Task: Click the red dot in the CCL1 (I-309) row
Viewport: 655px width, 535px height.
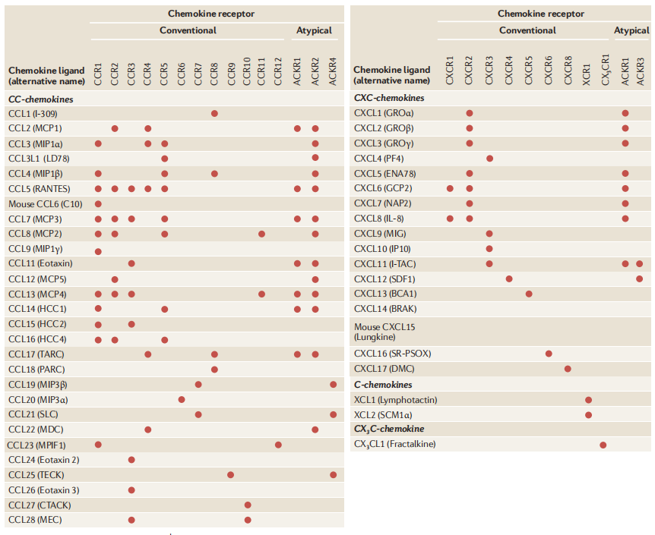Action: (214, 113)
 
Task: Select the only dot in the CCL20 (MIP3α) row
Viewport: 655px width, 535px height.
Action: (181, 399)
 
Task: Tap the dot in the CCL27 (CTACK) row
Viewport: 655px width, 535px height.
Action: (248, 505)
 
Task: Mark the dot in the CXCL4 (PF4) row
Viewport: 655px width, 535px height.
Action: (489, 159)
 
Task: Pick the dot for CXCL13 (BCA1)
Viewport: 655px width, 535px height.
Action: (529, 294)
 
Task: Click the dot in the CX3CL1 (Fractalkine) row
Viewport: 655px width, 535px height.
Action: (603, 445)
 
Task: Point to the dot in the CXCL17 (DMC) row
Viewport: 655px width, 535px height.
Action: (568, 369)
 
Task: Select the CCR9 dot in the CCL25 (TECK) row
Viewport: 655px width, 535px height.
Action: (231, 474)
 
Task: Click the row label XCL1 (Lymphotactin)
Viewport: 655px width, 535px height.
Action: (395, 400)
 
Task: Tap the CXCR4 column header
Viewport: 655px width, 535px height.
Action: (509, 68)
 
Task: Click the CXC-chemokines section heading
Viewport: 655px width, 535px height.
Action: (389, 98)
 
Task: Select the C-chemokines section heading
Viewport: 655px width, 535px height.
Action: (384, 385)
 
